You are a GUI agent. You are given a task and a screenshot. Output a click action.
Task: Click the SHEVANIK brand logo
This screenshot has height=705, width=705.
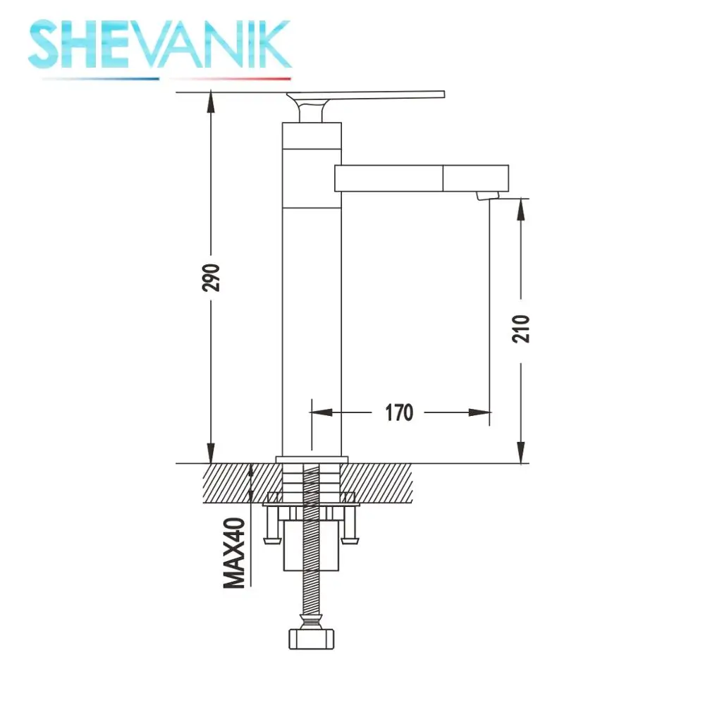tap(159, 44)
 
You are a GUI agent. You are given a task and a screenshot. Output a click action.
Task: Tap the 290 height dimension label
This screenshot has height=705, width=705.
tap(211, 278)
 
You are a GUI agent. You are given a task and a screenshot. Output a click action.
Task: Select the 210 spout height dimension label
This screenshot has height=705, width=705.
tap(521, 329)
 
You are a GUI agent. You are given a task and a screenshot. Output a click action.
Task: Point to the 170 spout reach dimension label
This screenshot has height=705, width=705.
tap(399, 412)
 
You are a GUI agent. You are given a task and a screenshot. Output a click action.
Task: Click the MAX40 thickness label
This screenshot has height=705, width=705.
tap(234, 553)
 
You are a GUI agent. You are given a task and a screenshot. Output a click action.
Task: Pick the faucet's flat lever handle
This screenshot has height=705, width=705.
tap(365, 95)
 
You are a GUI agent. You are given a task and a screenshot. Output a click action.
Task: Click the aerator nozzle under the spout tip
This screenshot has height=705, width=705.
tap(488, 195)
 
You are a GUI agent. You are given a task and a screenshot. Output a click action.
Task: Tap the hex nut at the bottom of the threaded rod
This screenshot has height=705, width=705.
tap(311, 639)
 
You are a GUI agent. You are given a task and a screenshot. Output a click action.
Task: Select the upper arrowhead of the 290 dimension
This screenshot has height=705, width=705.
tap(210, 102)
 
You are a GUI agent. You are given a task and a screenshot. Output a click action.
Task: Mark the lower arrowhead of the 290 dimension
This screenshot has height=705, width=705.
tap(210, 453)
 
